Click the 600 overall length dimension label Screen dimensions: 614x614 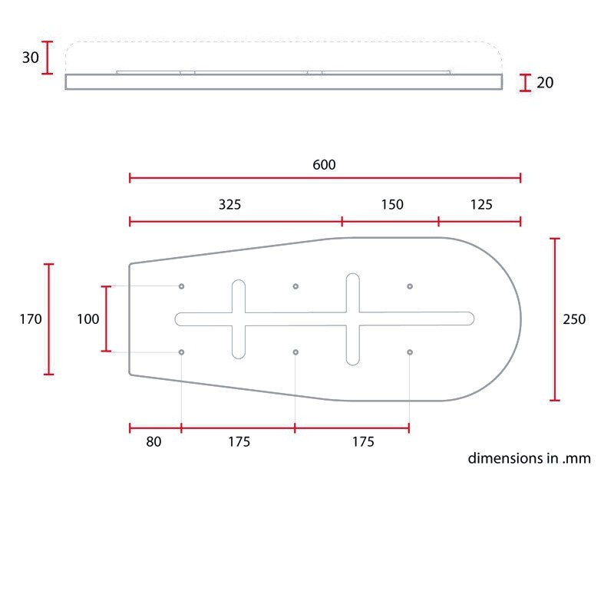pyautogui.click(x=324, y=165)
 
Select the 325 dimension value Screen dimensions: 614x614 pyautogui.click(x=229, y=204)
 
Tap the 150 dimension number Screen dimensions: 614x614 pyautogui.click(x=392, y=204)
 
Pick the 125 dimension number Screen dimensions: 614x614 pyautogui.click(x=481, y=204)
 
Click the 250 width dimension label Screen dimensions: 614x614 pyautogui.click(x=574, y=319)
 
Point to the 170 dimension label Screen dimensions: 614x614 pyautogui.click(x=31, y=319)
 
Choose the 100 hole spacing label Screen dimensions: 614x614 pyautogui.click(x=87, y=319)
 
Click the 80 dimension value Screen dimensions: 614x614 pyautogui.click(x=153, y=442)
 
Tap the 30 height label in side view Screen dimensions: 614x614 pyautogui.click(x=30, y=58)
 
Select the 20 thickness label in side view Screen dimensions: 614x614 pyautogui.click(x=545, y=83)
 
